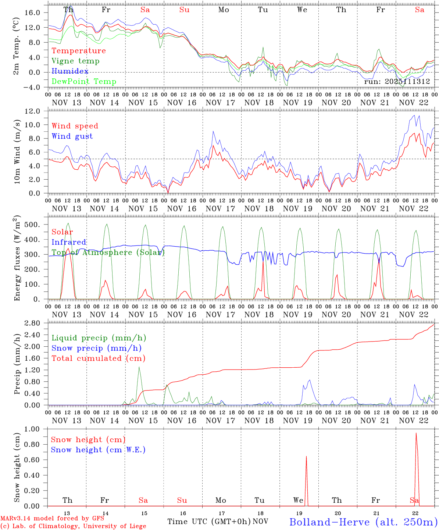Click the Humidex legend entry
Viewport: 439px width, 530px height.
[x=70, y=71]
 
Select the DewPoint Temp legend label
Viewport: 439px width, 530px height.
[x=84, y=82]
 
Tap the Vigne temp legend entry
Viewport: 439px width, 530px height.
[x=75, y=61]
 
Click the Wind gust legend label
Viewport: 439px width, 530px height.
[x=72, y=136]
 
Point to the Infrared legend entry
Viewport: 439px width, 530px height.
[x=69, y=242]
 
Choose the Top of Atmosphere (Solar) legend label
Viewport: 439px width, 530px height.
[x=108, y=252]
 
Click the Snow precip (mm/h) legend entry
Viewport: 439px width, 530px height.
[x=96, y=348]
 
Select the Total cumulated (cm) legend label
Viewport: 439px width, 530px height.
[x=99, y=358]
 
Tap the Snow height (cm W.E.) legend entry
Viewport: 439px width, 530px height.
[x=98, y=450]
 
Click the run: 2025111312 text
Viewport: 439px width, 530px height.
[x=397, y=82]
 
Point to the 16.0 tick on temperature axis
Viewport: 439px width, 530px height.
[x=33, y=13]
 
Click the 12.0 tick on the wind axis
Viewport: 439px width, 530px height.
[x=33, y=111]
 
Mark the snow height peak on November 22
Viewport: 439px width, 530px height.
[x=416, y=434]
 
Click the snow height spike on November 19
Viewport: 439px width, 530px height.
[x=306, y=457]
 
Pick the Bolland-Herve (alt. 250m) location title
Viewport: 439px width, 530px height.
[x=363, y=522]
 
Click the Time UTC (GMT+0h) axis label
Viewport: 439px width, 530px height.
[x=209, y=522]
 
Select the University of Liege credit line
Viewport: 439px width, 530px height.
[x=73, y=526]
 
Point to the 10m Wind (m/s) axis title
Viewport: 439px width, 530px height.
[x=17, y=151]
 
